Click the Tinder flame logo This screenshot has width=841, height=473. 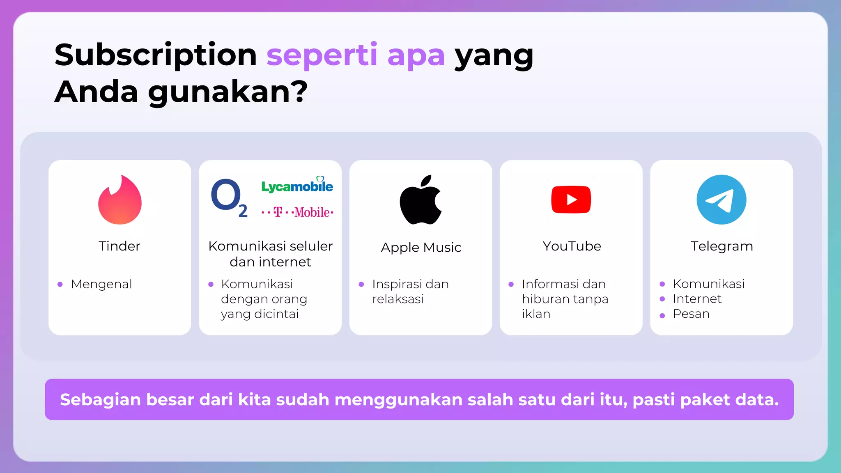(119, 200)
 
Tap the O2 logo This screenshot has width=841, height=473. (228, 198)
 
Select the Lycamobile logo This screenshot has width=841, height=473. (297, 186)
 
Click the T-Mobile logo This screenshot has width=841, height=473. (297, 212)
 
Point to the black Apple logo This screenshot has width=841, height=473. (420, 200)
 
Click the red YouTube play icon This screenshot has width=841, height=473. (571, 200)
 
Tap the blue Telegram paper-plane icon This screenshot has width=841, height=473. (722, 200)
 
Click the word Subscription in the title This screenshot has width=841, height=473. (156, 55)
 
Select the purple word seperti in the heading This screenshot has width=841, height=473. (322, 55)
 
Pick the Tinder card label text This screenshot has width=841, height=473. (119, 246)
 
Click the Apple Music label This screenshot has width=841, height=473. (421, 247)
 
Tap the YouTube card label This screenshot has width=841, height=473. (572, 246)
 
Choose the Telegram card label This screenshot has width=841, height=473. (722, 246)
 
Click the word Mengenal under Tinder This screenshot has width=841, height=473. (101, 284)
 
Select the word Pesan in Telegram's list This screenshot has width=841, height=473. (691, 314)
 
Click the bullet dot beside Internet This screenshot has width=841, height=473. (662, 299)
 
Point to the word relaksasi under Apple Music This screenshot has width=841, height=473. (398, 299)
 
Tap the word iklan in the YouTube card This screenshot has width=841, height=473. (536, 314)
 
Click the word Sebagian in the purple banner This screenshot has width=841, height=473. (101, 400)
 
